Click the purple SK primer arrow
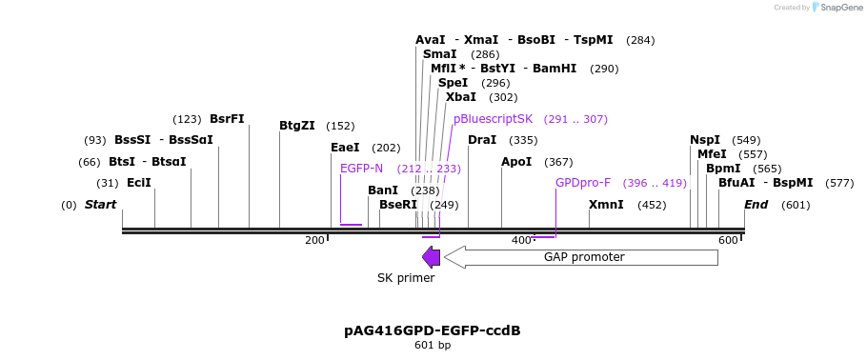[x=431, y=257]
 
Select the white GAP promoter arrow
[x=580, y=257]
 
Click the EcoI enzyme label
[x=139, y=183]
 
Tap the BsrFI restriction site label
[x=227, y=119]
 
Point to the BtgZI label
[x=297, y=126]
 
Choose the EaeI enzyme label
[x=345, y=148]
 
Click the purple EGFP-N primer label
[x=362, y=169]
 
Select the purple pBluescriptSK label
[x=493, y=119]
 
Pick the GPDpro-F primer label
[x=583, y=183]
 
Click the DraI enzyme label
[x=483, y=140]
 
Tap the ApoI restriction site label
[x=516, y=162]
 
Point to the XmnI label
[x=606, y=205]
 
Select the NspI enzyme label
[x=705, y=140]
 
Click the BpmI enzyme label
[x=723, y=169]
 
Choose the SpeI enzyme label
[x=454, y=83]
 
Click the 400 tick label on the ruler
[x=521, y=240]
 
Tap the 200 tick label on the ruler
[x=314, y=240]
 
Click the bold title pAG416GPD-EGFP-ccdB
[x=433, y=331]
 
